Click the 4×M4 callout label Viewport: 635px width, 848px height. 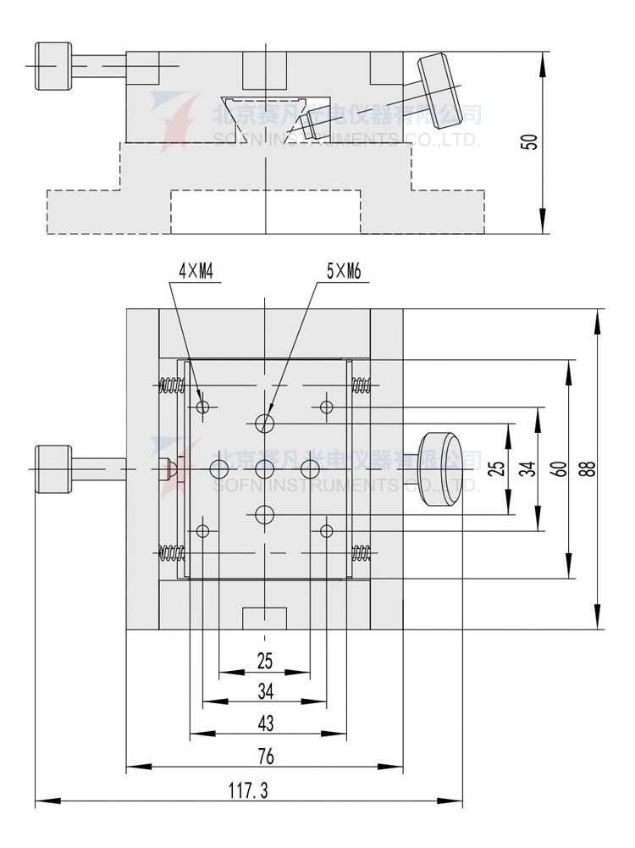coord(195,272)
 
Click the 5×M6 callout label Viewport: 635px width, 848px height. coord(344,272)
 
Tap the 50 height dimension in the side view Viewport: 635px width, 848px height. coord(530,141)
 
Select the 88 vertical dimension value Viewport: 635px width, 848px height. coord(590,468)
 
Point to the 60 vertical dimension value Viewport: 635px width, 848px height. coord(560,468)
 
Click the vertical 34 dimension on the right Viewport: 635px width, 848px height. coord(528,468)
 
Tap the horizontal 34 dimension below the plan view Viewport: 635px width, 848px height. coord(265,691)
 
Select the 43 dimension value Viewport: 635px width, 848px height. coord(265,723)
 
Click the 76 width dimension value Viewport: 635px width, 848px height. coord(265,756)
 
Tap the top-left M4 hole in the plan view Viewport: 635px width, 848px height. coord(202,408)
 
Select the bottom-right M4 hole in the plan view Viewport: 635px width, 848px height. coord(327,531)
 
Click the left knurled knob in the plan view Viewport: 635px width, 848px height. coord(52,468)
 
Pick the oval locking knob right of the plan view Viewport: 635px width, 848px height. coord(443,469)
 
